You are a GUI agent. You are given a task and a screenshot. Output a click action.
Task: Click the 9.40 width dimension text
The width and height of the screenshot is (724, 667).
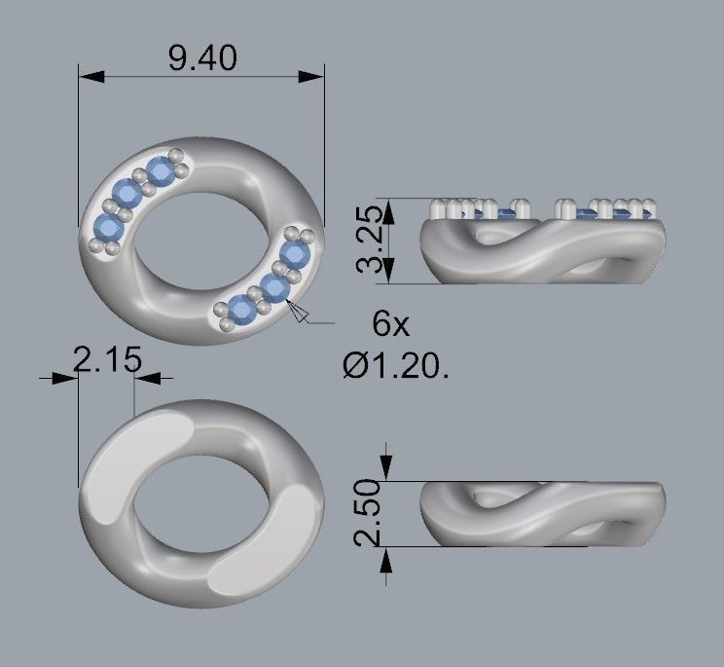click(201, 58)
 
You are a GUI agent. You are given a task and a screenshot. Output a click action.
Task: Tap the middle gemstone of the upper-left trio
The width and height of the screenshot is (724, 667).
click(126, 193)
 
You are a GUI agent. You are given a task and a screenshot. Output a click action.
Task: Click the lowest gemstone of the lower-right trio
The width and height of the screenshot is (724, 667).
click(239, 310)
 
